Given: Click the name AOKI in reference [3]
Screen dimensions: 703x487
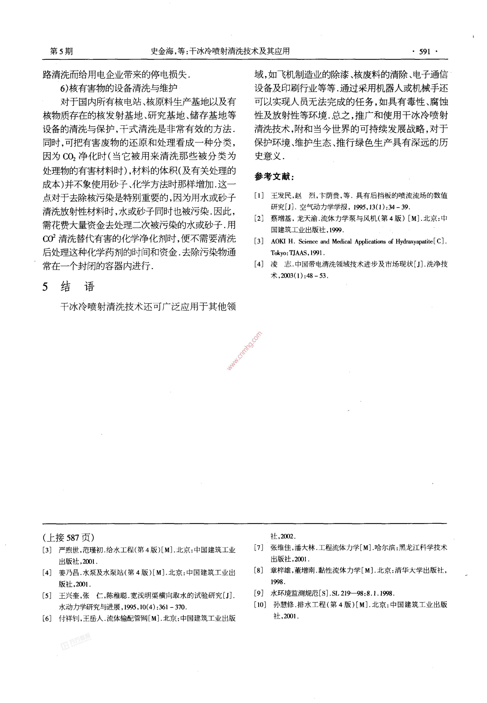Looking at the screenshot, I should click(x=278, y=241).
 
